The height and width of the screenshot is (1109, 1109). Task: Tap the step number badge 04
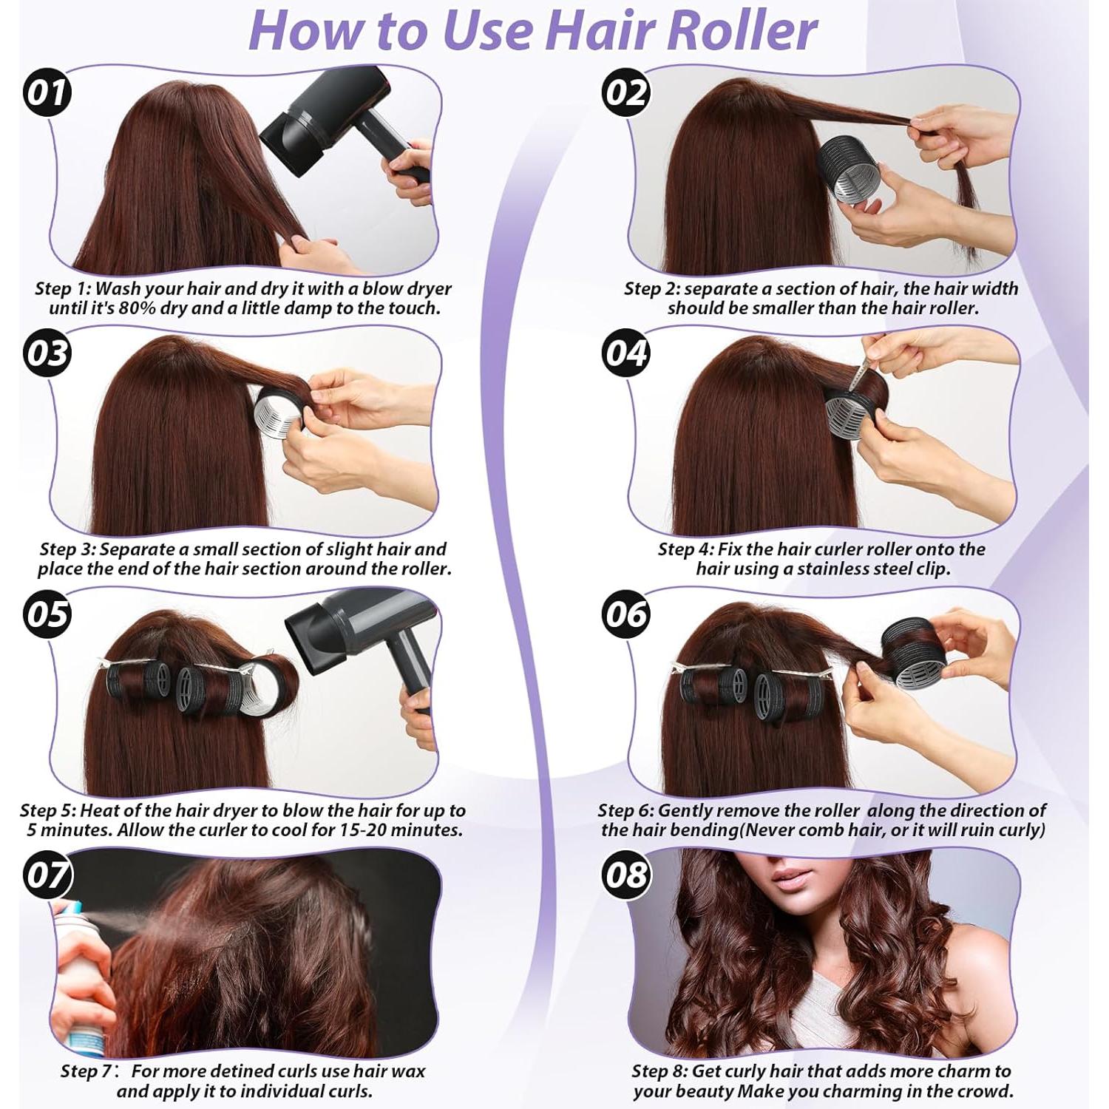click(626, 353)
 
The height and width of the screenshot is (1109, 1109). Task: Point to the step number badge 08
click(626, 875)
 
